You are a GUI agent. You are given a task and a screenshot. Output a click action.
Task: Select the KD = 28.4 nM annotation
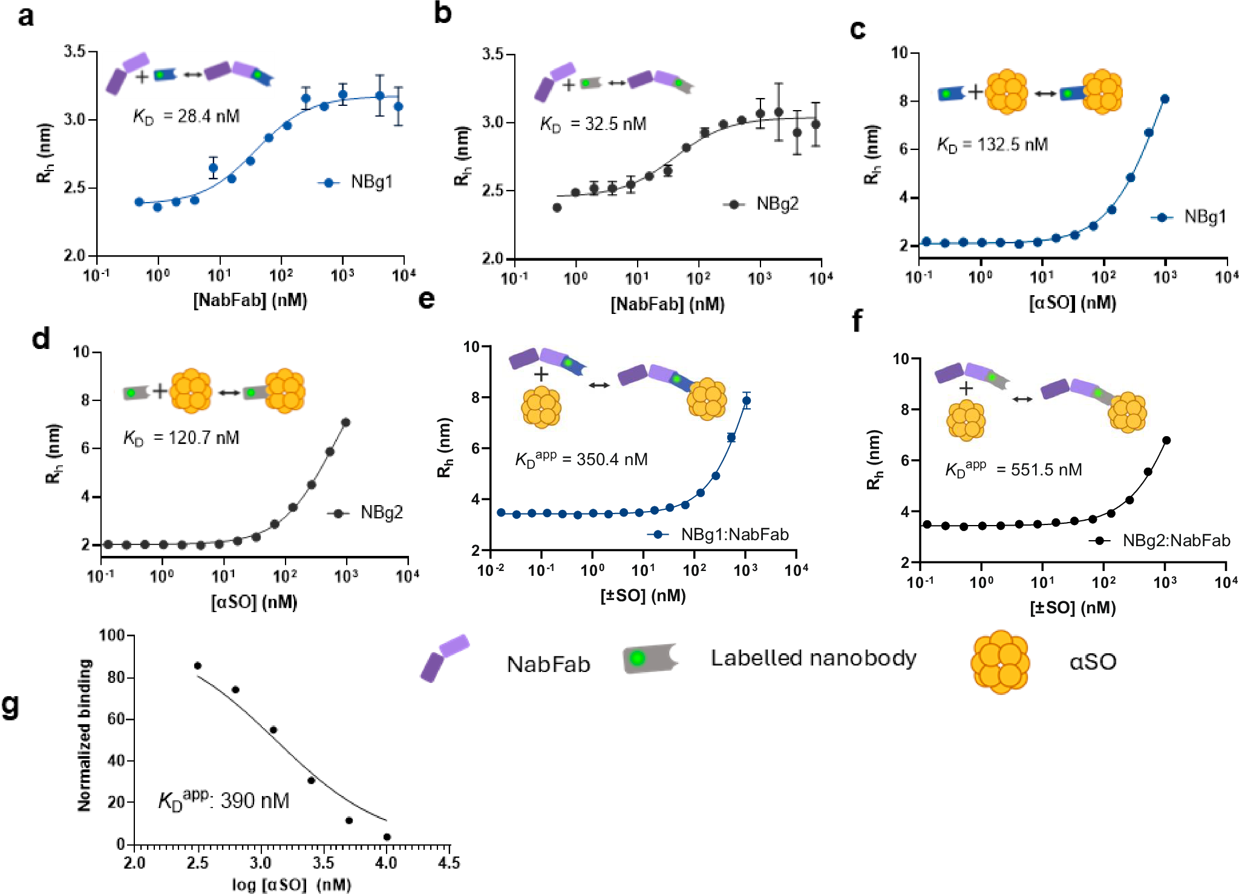[186, 116]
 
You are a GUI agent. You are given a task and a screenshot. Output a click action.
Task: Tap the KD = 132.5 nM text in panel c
[992, 145]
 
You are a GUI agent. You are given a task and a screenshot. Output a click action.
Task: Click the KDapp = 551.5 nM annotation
[1013, 469]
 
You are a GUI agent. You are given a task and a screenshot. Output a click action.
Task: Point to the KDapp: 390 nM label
[224, 800]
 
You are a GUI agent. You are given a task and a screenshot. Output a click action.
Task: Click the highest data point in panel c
[1165, 99]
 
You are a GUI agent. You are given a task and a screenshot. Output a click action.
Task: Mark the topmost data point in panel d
[346, 422]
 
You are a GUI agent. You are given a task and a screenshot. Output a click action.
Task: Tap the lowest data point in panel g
[387, 837]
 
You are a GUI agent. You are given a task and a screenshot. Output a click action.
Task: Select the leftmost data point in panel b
[557, 207]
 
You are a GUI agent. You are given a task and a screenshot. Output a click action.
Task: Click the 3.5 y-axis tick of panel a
[75, 52]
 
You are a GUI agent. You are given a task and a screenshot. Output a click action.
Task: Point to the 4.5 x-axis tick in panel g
[449, 863]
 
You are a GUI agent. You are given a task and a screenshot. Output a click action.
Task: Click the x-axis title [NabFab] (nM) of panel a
[250, 300]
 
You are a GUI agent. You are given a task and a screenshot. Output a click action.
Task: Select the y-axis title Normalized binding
[84, 735]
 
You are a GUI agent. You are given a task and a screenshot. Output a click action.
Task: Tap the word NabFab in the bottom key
[548, 664]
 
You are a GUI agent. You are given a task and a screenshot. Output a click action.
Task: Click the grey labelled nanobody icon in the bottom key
[649, 658]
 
